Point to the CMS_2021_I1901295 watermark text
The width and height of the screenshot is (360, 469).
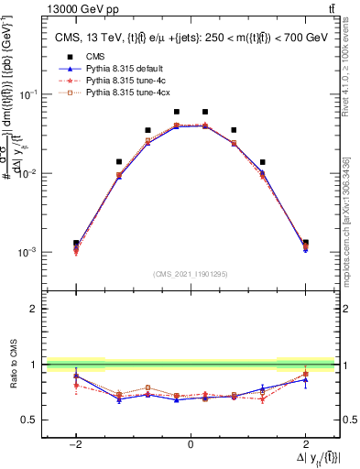191,274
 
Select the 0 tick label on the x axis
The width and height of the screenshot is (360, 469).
191,444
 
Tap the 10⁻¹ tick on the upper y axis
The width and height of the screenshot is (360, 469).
27,94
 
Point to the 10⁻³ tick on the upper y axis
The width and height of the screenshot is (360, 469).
27,252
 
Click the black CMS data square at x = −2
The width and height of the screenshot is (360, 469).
76,243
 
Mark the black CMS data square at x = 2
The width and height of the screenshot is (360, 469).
305,243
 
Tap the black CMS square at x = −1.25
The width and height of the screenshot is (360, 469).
119,161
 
